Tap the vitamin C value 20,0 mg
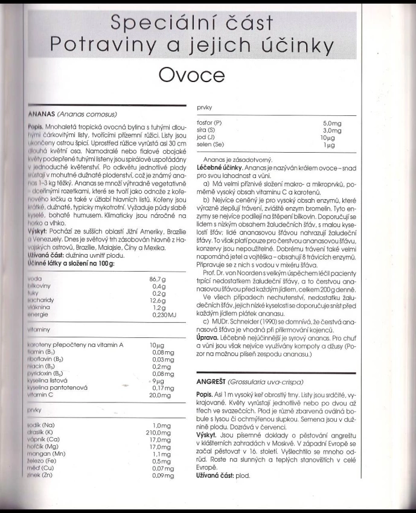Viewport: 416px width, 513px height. [x=158, y=394]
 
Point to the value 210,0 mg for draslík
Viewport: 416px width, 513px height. [x=155, y=433]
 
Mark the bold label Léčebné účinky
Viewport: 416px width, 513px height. [x=219, y=166]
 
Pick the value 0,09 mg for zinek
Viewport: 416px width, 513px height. [x=158, y=476]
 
